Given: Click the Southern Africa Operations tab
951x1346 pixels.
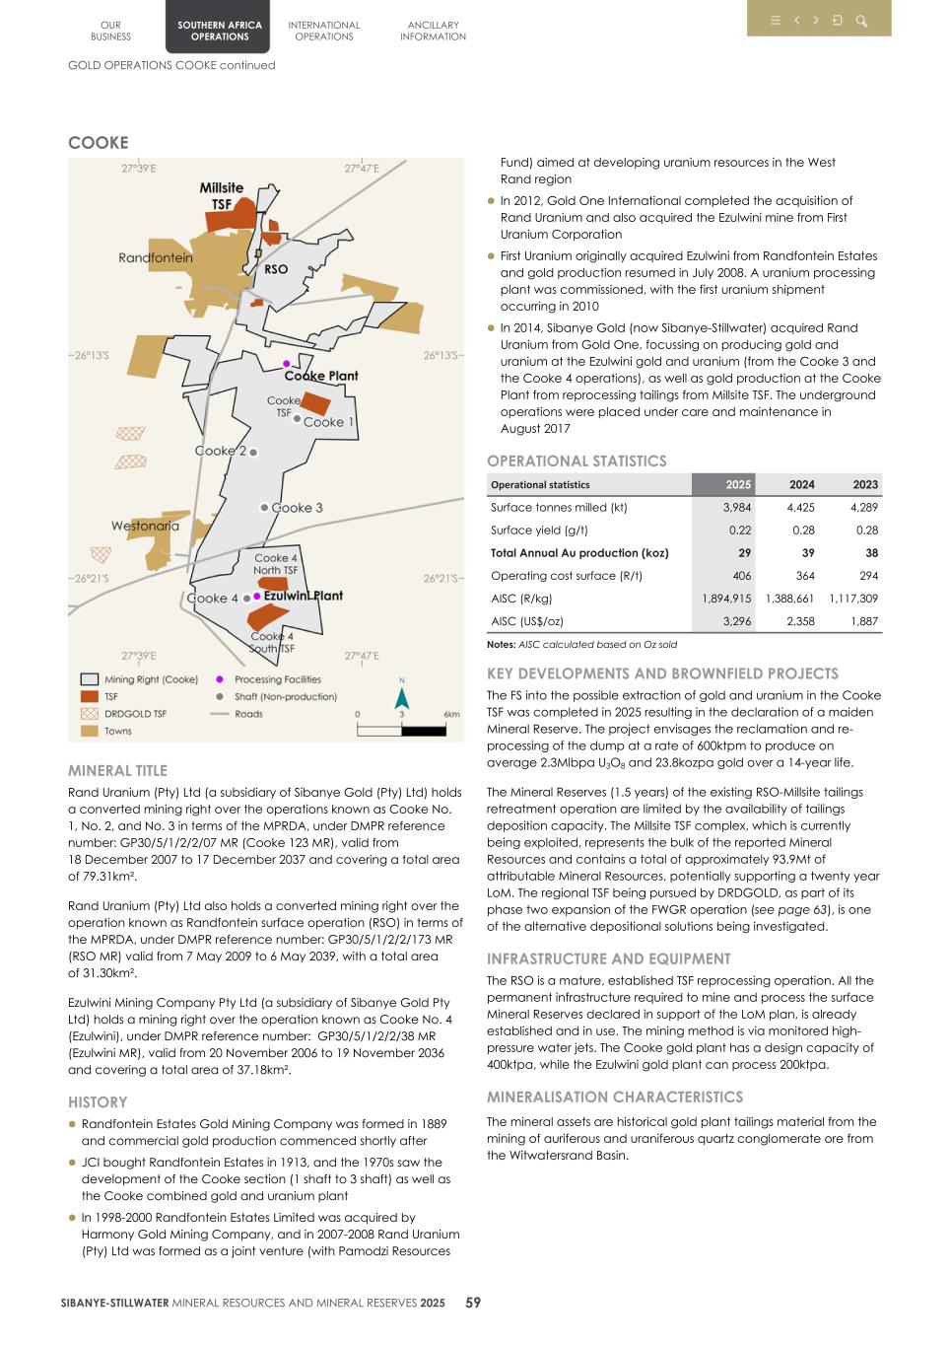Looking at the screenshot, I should coord(219,31).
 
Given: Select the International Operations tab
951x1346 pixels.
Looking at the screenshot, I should coord(323,31).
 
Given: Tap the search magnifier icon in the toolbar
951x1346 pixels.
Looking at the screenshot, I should coord(860,21).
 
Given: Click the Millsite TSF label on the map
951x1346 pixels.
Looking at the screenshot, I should coord(222,195).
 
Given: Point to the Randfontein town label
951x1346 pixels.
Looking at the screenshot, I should coord(156,257).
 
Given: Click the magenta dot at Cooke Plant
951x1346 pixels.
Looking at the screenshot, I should coord(287,364).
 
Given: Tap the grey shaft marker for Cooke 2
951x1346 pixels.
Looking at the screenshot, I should coord(253,452).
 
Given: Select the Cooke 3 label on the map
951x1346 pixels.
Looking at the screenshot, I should coord(297,508).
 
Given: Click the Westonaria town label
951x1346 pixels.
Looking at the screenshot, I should coord(145,526).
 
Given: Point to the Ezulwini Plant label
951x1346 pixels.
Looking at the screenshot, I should coord(303,596).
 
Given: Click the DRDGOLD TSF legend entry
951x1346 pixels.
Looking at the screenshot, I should coord(135,713).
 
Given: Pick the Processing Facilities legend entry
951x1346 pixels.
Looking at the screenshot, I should coord(277,679).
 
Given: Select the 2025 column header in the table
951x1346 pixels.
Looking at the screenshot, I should coord(738,484).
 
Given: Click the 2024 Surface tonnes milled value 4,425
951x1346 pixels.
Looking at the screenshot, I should coord(800,507).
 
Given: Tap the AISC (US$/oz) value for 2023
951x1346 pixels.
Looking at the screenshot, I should coord(864,621).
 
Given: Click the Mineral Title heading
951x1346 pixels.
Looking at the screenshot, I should coord(117,770).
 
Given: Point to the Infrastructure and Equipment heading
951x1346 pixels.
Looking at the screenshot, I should coord(608,958).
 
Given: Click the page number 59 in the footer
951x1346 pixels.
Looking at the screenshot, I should coord(473,1303).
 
